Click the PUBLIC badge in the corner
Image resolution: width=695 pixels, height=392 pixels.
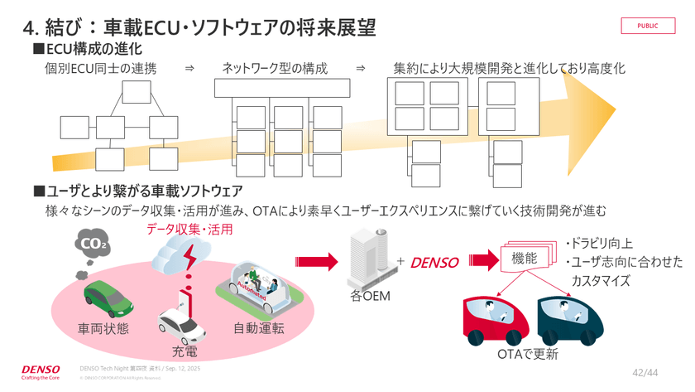tap(648, 26)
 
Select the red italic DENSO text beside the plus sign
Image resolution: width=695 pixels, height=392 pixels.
tap(434, 263)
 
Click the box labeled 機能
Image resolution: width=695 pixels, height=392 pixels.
tap(525, 259)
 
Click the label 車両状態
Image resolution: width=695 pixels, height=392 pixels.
tap(103, 328)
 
